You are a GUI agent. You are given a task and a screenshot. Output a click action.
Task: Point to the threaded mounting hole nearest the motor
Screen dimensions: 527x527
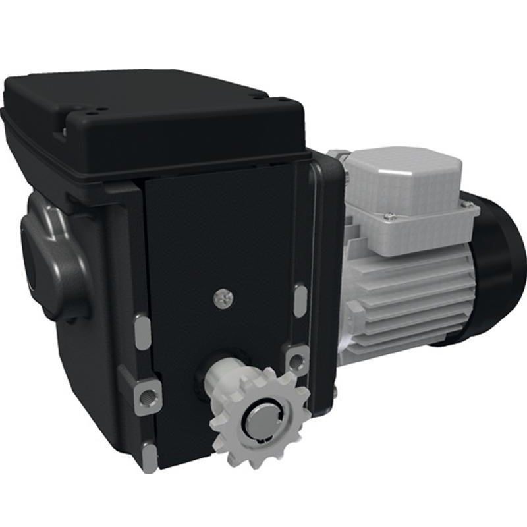pyautogui.click(x=297, y=360)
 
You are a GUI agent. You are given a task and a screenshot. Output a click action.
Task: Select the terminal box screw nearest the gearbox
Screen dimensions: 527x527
pyautogui.click(x=389, y=215)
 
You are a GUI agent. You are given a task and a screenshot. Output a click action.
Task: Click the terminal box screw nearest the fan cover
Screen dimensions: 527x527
pyautogui.click(x=466, y=205)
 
